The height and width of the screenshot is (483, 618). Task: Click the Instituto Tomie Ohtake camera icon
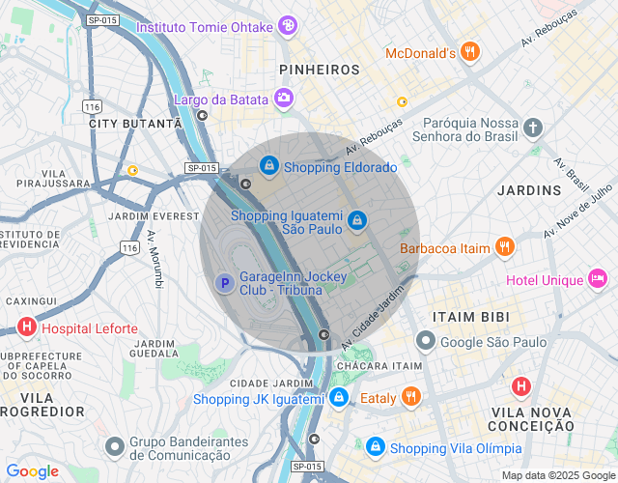click(287, 26)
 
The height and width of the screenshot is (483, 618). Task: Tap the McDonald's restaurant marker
click(469, 52)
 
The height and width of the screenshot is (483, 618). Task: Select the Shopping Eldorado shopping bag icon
click(268, 167)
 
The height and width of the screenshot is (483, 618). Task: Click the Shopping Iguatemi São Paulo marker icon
click(357, 221)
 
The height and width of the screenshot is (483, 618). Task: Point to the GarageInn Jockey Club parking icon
click(223, 282)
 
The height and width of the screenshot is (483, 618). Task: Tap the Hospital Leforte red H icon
click(27, 327)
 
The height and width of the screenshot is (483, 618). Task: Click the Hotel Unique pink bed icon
click(599, 279)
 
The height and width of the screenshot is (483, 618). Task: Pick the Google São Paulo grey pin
click(425, 341)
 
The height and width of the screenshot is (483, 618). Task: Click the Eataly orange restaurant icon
click(411, 396)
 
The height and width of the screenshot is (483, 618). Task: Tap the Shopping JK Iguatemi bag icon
click(338, 397)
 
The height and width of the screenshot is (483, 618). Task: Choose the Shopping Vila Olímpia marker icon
click(375, 447)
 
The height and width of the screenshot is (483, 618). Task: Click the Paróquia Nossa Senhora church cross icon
click(534, 128)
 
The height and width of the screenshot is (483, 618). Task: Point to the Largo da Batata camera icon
click(284, 97)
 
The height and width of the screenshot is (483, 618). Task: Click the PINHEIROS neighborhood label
click(319, 70)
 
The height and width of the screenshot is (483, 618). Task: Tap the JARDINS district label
click(528, 190)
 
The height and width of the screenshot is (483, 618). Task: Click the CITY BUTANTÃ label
click(135, 124)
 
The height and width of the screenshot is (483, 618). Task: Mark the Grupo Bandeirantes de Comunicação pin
click(116, 446)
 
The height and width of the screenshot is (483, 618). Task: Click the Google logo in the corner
click(32, 471)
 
